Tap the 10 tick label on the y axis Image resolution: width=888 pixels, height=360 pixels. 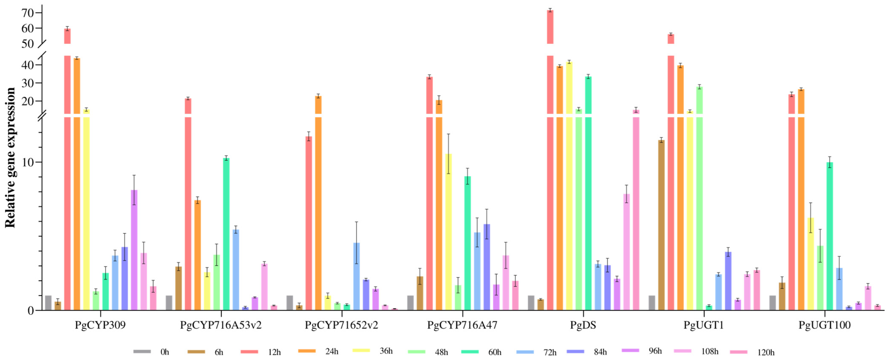pos(28,162)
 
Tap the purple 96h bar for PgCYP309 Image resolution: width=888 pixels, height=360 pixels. pos(134,250)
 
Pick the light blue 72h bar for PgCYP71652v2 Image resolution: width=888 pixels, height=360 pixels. pos(356,276)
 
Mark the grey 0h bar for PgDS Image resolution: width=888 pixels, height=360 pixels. pos(531,303)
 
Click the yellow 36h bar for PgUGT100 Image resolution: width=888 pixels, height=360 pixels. pos(811,264)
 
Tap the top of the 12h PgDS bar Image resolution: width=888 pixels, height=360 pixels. pos(550,11)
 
